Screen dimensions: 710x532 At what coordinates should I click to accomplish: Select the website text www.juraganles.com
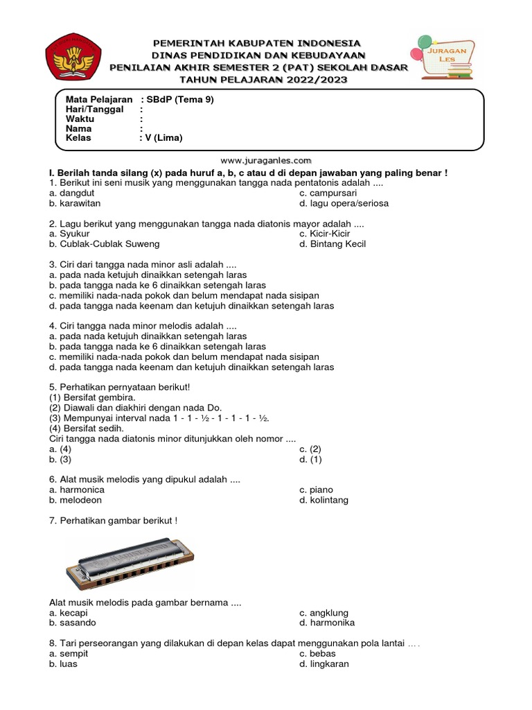[265, 159]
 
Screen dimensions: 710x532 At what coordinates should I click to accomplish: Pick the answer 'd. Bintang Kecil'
[332, 244]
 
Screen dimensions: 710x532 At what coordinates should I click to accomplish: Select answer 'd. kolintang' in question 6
[323, 500]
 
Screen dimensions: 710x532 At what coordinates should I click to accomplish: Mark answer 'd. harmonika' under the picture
[327, 623]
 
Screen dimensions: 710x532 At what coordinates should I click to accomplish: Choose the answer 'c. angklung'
[323, 613]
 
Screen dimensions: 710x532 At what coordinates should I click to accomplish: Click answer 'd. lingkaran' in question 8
[323, 664]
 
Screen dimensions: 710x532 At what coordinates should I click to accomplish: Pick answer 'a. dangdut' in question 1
[71, 193]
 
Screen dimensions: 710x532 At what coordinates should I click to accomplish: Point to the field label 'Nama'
[78, 128]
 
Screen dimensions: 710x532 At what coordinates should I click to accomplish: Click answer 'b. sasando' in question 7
[71, 623]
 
